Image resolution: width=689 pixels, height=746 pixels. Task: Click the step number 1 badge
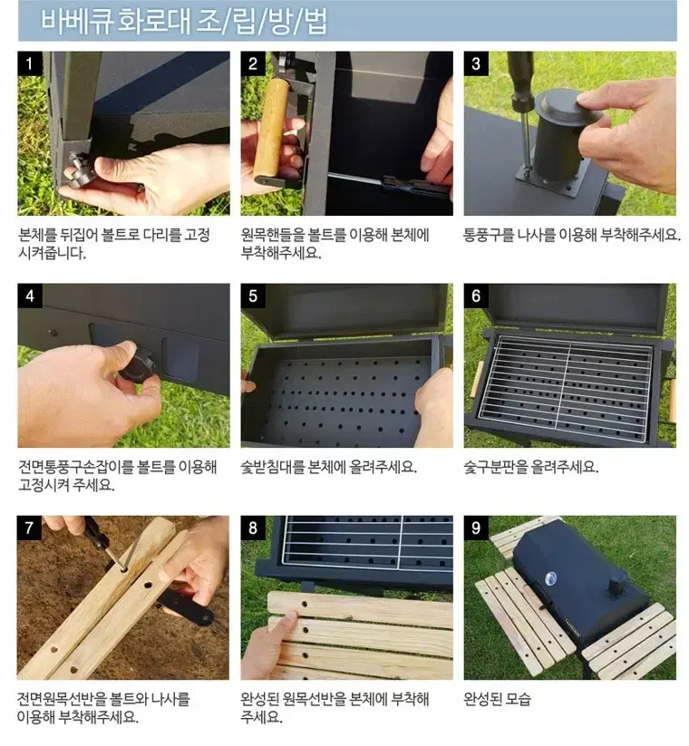point(30,63)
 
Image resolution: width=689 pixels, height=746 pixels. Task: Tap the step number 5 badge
point(253,295)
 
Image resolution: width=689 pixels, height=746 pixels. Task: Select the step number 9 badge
point(476,528)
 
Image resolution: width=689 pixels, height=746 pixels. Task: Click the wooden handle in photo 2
point(271,129)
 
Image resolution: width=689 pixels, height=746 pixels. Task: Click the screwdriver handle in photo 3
point(520,79)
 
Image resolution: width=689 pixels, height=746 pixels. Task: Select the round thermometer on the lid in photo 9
point(550,578)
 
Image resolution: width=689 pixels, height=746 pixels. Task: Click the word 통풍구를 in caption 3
point(488,235)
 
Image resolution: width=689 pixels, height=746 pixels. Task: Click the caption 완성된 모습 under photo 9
point(497,700)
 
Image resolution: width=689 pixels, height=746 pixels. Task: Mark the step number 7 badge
point(29,528)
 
